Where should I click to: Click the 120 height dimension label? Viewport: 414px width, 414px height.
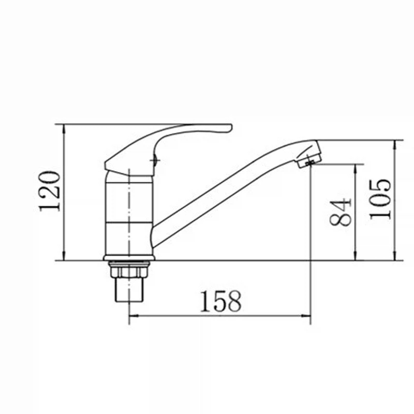[50, 191]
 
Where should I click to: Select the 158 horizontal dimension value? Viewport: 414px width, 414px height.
[221, 301]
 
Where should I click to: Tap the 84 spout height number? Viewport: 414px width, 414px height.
[341, 212]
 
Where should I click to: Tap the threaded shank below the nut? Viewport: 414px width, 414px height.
[130, 290]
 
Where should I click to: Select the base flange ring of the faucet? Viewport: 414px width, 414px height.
[129, 258]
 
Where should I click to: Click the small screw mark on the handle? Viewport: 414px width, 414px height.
[155, 160]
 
